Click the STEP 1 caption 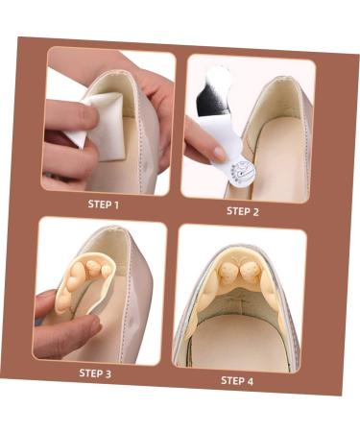[x=104, y=204]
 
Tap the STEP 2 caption [x=243, y=210]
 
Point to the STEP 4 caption [x=237, y=380]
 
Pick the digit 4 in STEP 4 [x=252, y=381]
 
